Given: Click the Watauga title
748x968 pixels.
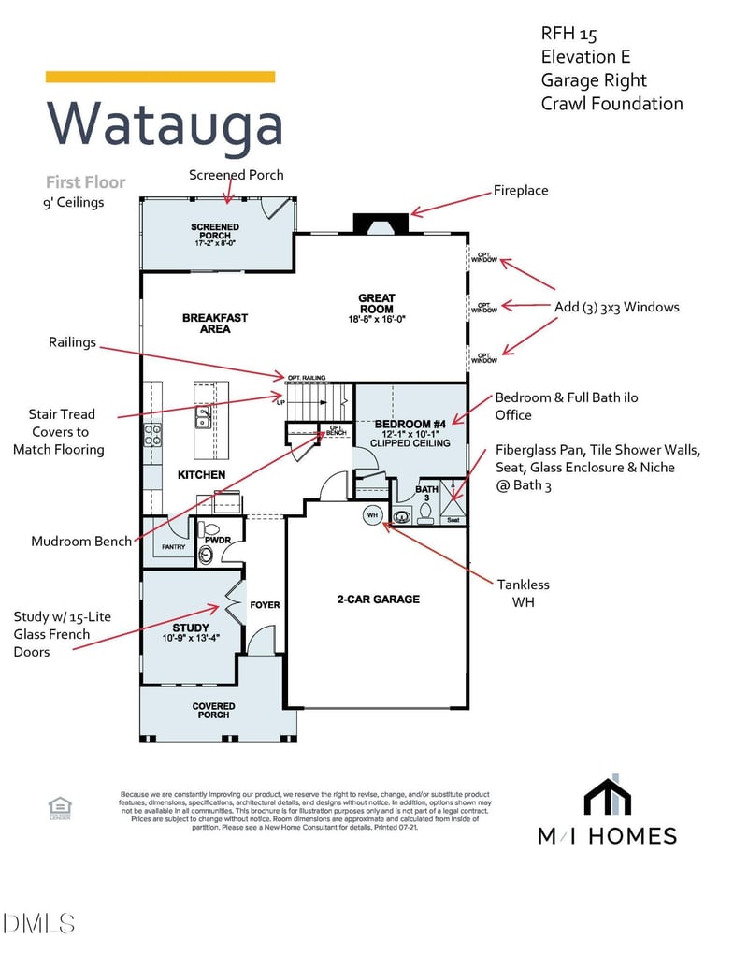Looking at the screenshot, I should point(164,124).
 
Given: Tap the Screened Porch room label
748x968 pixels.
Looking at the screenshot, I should point(215,232).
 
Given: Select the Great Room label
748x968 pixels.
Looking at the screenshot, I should point(376,304).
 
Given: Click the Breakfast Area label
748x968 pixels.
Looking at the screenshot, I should point(215,323).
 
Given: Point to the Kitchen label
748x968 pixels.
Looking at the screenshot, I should point(201,475).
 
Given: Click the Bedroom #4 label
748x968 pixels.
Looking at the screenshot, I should point(410,425).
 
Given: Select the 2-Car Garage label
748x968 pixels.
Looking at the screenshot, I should point(378,599).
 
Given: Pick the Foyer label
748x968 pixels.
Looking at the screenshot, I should point(265,605).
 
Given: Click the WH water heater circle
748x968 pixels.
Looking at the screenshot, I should point(371,515).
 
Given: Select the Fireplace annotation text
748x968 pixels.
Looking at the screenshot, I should point(521,191).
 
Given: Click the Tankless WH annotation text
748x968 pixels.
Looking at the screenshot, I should point(523,593).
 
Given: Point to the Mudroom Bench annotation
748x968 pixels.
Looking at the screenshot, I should point(81,542).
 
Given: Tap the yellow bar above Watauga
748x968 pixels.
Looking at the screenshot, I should point(160,77).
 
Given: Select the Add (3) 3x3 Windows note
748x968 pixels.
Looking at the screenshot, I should point(616,307).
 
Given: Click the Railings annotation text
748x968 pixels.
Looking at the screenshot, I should point(72,342).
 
